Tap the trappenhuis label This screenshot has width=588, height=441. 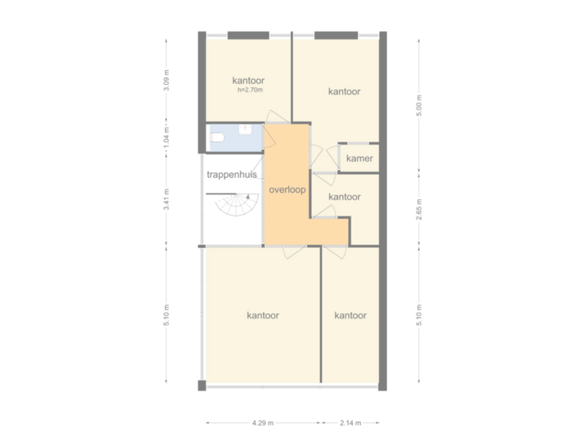(x=232, y=175)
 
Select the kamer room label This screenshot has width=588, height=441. (x=360, y=158)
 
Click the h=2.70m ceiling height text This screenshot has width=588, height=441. (x=248, y=90)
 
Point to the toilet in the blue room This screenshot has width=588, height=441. (x=216, y=139)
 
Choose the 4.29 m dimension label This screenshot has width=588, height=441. (x=262, y=423)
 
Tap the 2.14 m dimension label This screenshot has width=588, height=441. (x=352, y=423)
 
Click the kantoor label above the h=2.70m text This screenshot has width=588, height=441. (x=248, y=80)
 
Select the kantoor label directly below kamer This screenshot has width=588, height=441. (x=344, y=197)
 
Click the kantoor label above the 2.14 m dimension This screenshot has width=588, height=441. (x=350, y=315)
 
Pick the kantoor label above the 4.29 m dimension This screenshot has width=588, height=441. (x=263, y=315)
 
